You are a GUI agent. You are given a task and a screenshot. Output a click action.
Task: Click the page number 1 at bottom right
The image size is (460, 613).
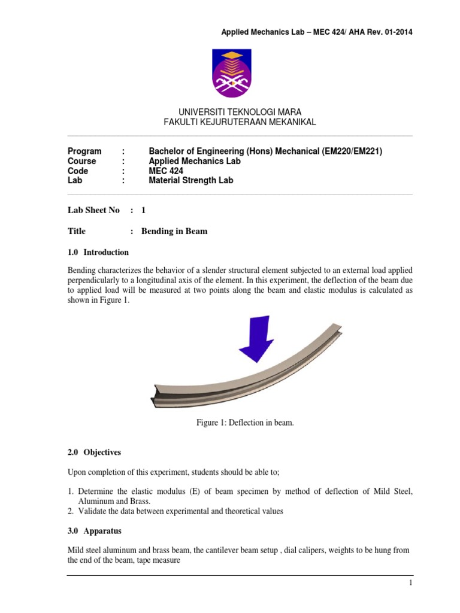coord(410,583)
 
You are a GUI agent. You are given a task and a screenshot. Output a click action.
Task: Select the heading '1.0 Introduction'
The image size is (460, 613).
coord(98,252)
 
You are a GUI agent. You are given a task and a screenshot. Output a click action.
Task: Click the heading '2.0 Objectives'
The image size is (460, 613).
coord(95,453)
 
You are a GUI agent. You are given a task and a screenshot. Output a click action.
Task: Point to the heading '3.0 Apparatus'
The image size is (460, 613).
coord(93,530)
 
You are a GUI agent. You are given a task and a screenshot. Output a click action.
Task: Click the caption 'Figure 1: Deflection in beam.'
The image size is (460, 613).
coord(246,423)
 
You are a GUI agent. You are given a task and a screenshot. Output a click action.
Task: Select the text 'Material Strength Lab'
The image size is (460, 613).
coord(190,180)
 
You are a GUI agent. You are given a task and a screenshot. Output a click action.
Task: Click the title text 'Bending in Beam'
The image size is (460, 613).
coord(174,231)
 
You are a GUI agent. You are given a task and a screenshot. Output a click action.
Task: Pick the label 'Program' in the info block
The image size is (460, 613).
coord(84,151)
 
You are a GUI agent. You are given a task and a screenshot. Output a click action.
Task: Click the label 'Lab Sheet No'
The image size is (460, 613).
coord(93,210)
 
